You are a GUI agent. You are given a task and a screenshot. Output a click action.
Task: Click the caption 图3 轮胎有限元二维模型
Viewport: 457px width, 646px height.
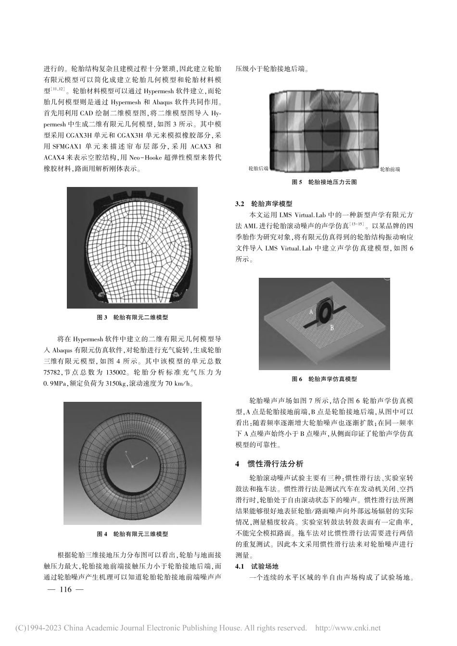click(x=132, y=318)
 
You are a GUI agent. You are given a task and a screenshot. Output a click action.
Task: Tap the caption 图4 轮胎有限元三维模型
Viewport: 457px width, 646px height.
click(x=132, y=534)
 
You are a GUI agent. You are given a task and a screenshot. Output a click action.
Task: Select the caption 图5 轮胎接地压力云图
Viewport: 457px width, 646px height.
click(x=325, y=182)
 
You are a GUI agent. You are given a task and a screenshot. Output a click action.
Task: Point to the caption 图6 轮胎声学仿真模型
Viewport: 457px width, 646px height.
click(x=325, y=379)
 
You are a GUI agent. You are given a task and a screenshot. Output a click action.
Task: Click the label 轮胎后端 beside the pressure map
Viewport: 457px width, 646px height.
click(x=258, y=169)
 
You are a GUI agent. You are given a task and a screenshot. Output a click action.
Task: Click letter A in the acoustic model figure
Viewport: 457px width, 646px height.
click(x=311, y=311)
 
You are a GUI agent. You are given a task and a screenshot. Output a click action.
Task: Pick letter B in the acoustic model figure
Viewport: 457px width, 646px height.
click(x=331, y=327)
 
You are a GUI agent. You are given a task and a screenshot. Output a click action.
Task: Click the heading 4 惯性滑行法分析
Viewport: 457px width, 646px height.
click(x=269, y=464)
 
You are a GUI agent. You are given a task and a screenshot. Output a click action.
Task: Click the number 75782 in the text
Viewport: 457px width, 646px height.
click(x=54, y=372)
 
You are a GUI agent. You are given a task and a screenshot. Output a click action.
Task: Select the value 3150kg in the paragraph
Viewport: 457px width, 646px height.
click(x=104, y=383)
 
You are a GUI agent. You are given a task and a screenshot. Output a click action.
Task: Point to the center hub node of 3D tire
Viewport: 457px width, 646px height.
click(x=132, y=466)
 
